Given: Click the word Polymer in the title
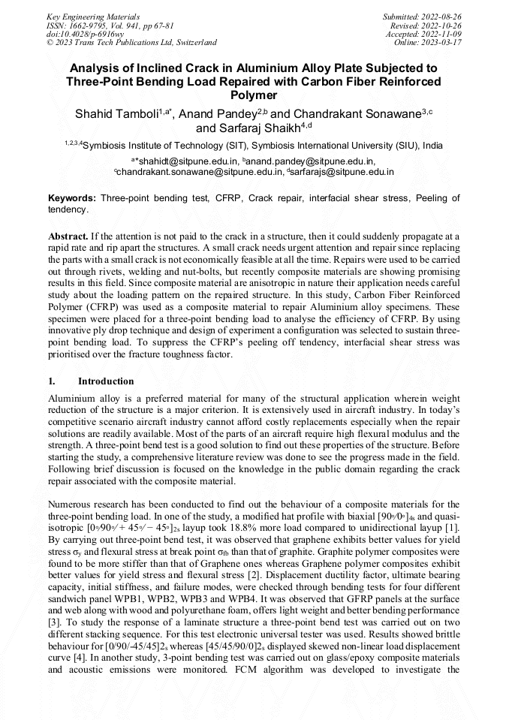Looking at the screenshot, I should pyautogui.click(x=254, y=95).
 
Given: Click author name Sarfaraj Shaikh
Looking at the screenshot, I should pyautogui.click(x=265, y=128).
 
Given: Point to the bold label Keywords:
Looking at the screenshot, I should pyautogui.click(x=71, y=198).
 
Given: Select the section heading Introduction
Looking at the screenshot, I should pyautogui.click(x=106, y=381).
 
